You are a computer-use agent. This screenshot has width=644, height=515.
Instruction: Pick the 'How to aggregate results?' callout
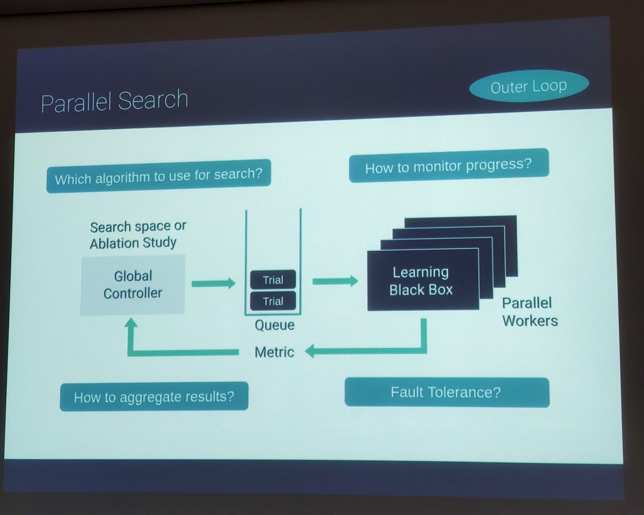tap(154, 396)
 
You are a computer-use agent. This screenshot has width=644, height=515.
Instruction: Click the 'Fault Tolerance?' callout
tap(446, 392)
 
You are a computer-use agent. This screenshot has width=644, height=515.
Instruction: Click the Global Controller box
tap(133, 285)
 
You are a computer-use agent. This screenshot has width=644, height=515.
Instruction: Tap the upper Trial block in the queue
tap(273, 279)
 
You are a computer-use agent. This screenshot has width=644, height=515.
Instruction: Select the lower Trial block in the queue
tap(273, 301)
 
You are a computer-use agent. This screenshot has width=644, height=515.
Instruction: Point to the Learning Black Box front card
tap(422, 280)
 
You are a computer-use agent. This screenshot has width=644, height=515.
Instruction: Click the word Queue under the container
tap(274, 325)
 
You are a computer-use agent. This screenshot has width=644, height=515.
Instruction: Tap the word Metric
tap(274, 352)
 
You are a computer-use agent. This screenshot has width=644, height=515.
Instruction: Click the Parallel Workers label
tap(529, 312)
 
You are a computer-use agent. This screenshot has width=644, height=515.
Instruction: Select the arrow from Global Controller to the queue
tap(213, 283)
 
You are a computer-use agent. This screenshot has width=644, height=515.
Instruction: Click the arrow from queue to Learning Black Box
tap(335, 280)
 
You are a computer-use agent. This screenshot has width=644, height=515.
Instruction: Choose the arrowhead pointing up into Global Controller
tap(131, 325)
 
